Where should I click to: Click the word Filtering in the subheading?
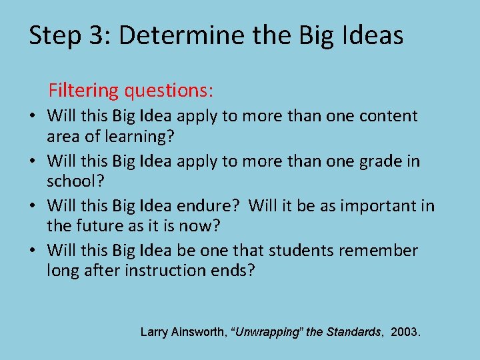point(83,89)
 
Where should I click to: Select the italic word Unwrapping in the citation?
point(267,331)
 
